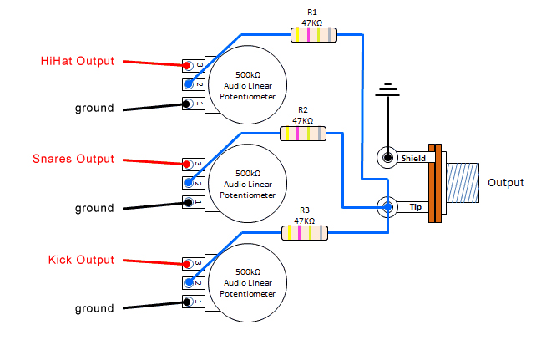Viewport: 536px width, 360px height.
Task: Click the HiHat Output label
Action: [78, 61]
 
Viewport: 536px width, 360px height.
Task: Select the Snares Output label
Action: [73, 159]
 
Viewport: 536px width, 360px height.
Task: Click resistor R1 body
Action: [313, 35]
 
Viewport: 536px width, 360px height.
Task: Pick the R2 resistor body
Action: [303, 133]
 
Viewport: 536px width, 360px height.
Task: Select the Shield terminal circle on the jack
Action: [387, 157]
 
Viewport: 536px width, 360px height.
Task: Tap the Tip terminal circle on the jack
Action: [387, 205]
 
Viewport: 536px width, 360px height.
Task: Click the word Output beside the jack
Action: [505, 183]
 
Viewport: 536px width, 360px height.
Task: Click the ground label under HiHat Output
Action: [94, 108]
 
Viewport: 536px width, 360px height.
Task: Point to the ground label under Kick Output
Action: [94, 308]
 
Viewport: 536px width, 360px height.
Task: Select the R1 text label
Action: [312, 12]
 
